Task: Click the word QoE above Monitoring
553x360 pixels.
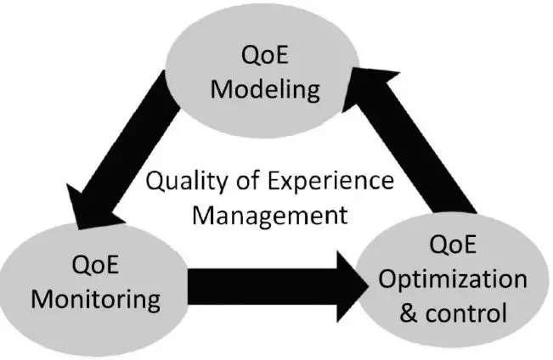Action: (x=96, y=264)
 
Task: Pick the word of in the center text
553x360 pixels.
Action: (x=240, y=182)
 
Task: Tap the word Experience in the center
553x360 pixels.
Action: (x=326, y=182)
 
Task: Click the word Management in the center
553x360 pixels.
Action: (x=269, y=213)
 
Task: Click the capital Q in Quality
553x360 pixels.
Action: (x=155, y=182)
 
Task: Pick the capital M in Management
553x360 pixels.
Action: (x=203, y=213)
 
